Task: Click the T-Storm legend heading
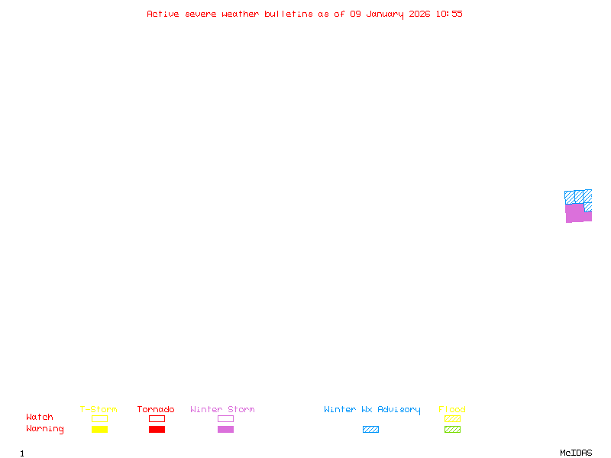coord(99,410)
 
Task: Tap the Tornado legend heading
coord(156,410)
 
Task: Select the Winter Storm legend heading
coord(222,410)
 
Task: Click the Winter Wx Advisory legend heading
coord(372,410)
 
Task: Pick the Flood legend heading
coord(452,410)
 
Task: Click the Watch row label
coord(40,418)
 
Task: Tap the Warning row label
coord(45,429)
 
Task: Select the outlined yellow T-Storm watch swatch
coord(99,418)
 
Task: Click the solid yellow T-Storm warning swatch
coord(99,429)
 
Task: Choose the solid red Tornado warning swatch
coord(157,429)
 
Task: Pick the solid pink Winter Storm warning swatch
coord(225,429)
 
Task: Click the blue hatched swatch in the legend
coord(370,429)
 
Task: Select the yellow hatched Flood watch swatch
coord(452,418)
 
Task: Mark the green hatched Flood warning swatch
coord(452,429)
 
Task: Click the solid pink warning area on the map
coord(575,213)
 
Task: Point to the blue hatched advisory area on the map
coord(578,196)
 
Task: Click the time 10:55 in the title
coord(449,14)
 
